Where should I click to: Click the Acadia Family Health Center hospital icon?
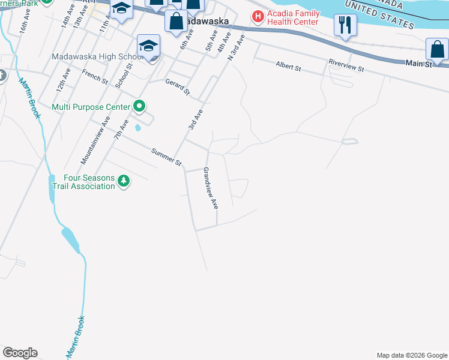pos(258,16)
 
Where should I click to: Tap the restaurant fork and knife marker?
pos(345,25)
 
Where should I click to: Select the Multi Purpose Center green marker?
pos(139,107)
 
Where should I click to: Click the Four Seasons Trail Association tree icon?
pos(124,181)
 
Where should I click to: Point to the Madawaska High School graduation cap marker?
pos(148,46)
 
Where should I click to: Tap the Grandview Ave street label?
pos(210,188)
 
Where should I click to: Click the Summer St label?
pos(166,157)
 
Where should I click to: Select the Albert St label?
pos(288,66)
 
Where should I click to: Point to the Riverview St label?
pos(346,65)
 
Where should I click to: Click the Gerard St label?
pos(178,88)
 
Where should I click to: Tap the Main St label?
pos(418,62)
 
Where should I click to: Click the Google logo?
pos(20,353)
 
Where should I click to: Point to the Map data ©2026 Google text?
pos(412,355)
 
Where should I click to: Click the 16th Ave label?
pos(23,20)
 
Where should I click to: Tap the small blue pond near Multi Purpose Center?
pos(139,127)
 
